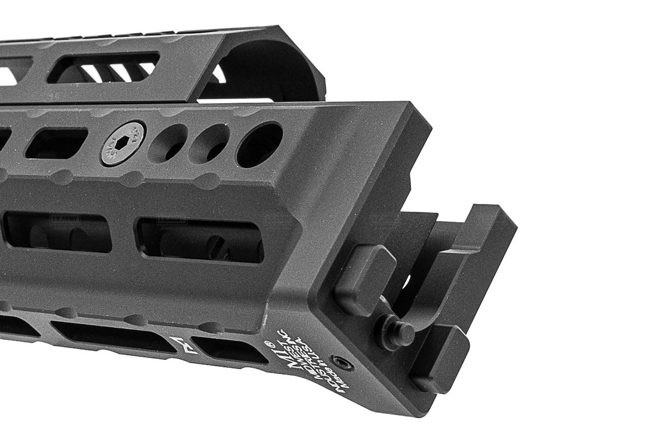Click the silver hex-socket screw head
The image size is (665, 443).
[123, 143]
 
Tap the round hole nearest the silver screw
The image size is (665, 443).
[167, 143]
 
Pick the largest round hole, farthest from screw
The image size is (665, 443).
[260, 144]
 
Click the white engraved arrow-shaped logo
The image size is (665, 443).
[183, 345]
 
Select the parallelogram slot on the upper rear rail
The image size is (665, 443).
[103, 68]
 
